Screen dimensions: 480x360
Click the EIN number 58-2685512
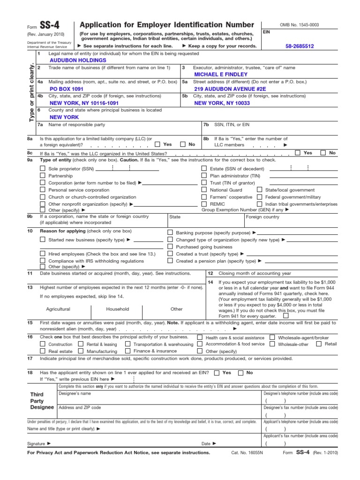[300, 46]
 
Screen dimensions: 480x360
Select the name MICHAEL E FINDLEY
[221, 75]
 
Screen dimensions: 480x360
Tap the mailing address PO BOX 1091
[67, 89]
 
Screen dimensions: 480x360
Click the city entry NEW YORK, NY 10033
[222, 103]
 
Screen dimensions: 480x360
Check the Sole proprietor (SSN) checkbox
[43, 168]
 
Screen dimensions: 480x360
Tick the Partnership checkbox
[43, 175]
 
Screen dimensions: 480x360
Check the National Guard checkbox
[204, 190]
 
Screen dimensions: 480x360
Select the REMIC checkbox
[204, 204]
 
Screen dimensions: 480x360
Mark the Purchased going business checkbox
[170, 247]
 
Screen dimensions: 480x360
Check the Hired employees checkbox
[43, 254]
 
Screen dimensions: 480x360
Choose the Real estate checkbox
[43, 351]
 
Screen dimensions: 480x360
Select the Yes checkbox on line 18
[216, 373]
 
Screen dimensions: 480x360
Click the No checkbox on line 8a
[183, 145]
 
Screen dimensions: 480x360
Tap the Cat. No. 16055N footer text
[247, 453]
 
